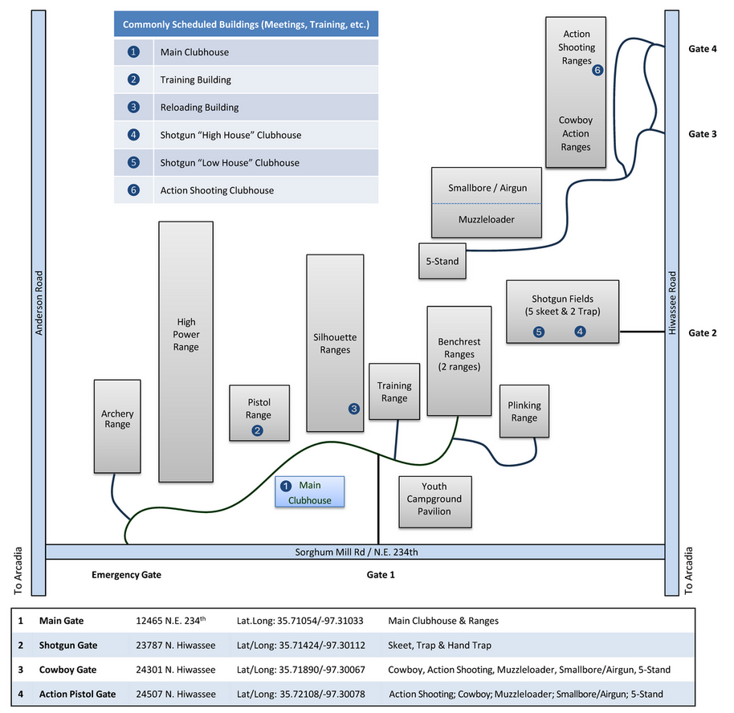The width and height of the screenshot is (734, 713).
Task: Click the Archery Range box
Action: [x=117, y=426]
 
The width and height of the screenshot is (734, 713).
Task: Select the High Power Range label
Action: [x=186, y=334]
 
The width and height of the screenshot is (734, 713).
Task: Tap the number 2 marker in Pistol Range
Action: [x=257, y=430]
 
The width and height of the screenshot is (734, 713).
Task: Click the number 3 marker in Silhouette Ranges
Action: [x=353, y=409]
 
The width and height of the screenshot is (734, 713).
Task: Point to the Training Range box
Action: [x=394, y=391]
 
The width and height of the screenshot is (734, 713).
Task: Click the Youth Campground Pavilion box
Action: [x=434, y=499]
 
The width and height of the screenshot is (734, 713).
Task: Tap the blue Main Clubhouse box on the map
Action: [x=310, y=491]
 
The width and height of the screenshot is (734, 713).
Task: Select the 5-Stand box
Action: [x=442, y=261]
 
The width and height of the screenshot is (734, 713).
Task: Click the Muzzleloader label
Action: [x=486, y=219]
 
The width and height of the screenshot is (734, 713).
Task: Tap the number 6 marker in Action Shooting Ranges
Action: [x=597, y=70]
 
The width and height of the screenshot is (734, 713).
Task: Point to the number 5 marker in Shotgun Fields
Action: [x=539, y=331]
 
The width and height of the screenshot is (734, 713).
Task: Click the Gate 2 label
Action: [x=703, y=333]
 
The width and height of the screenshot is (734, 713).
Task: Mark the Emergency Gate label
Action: [x=126, y=575]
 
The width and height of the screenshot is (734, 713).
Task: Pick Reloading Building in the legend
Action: [x=199, y=108]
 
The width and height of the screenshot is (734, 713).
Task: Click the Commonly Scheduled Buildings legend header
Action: [x=246, y=25]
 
